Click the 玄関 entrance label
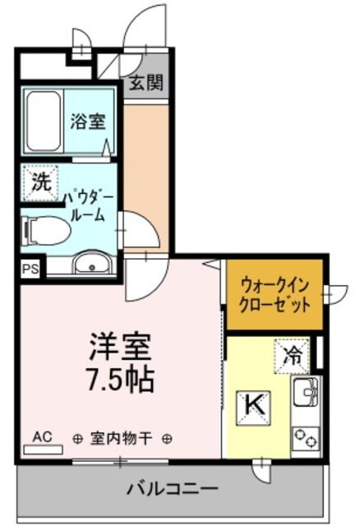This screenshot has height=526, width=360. (x=145, y=82)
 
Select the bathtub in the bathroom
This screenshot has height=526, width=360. (x=43, y=120)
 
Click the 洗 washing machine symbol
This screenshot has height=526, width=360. (x=40, y=183)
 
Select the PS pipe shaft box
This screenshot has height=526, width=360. (x=30, y=269)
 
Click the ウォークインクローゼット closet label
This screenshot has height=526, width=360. (x=275, y=293)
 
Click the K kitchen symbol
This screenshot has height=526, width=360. (x=254, y=404)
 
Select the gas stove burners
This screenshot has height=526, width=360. (x=307, y=439)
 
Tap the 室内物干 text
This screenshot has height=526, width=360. (x=122, y=437)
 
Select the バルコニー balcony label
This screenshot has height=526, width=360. (x=173, y=490)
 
